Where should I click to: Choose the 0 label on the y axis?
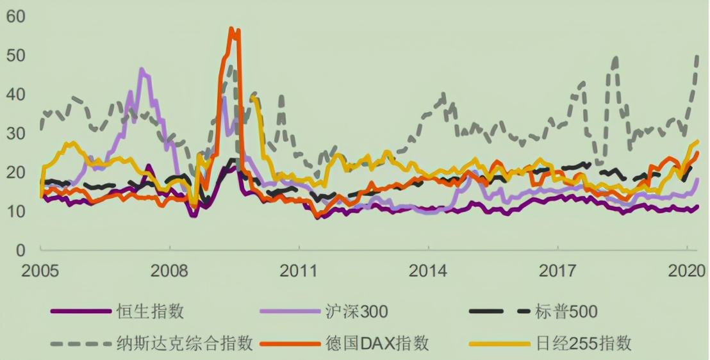tap(21, 250)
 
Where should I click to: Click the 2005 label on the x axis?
tap(41, 271)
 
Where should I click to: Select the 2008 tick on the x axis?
tap(170, 271)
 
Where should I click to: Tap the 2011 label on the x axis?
tap(299, 271)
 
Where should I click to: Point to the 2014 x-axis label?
tap(428, 271)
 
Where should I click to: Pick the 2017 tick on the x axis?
tap(557, 271)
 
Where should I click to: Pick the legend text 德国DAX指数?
tap(376, 343)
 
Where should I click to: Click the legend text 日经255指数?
tap(584, 343)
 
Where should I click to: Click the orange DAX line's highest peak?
tap(231, 29)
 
